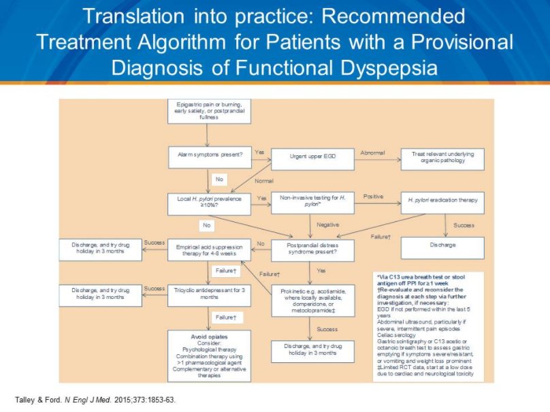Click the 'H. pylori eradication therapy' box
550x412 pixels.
coord(442,200)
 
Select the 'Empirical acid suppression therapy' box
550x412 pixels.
coord(209,250)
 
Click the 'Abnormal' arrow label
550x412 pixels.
coord(372,152)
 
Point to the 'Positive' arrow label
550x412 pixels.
coord(373,196)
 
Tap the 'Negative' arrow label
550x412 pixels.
coord(328,224)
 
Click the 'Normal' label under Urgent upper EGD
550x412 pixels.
coord(263,180)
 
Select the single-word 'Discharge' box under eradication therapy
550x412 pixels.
coord(442,244)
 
